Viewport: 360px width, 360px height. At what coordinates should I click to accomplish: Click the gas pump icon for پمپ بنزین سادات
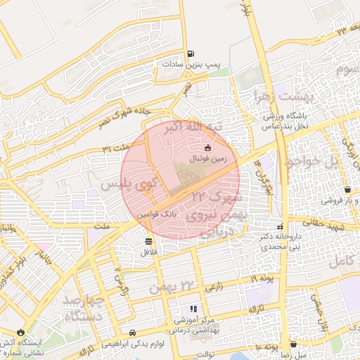point(191,53)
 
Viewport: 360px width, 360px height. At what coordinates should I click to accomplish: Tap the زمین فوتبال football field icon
point(207,148)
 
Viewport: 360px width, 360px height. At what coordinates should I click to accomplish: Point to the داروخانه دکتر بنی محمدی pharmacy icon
point(281,227)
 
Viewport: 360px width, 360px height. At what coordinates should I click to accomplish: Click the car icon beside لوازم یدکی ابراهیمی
point(133,333)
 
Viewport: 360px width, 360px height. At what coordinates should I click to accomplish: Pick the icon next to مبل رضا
point(303,345)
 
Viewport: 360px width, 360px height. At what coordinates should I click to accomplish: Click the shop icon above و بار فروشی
point(348,190)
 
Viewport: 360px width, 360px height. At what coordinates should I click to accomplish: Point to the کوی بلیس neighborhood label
point(127,186)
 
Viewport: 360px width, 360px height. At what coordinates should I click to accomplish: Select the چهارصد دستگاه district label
point(84,308)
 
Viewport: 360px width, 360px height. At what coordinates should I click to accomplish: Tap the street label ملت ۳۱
point(116,148)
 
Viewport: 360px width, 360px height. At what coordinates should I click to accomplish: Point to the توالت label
point(205,354)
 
